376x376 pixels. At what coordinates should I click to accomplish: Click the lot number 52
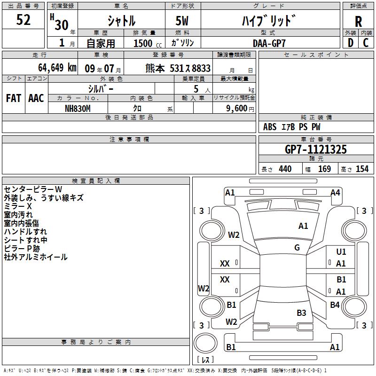pos(23,20)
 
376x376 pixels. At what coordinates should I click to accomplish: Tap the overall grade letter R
pos(358,21)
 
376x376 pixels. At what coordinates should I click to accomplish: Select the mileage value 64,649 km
pos(57,68)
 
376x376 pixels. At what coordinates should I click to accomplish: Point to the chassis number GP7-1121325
pos(316,149)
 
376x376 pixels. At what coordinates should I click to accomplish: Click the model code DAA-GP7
pos(269,43)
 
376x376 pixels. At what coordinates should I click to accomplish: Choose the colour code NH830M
pos(78,108)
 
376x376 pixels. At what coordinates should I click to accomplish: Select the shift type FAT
pos(13,98)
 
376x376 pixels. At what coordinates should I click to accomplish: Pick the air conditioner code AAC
pos(36,98)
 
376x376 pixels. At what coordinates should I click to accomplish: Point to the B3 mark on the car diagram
pos(301,313)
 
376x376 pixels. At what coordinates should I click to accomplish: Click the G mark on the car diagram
pos(297,248)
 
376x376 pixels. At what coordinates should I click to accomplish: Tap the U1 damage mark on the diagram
pos(341,252)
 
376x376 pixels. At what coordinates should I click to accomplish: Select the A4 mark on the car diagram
pos(335,192)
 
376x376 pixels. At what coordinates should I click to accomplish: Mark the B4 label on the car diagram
pos(335,305)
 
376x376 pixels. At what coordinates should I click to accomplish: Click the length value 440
pos(285,169)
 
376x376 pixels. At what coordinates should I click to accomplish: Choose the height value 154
pos(362,169)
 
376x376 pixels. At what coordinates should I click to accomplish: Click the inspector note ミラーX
pos(18,206)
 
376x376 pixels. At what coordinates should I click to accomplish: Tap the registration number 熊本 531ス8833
pos(178,68)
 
